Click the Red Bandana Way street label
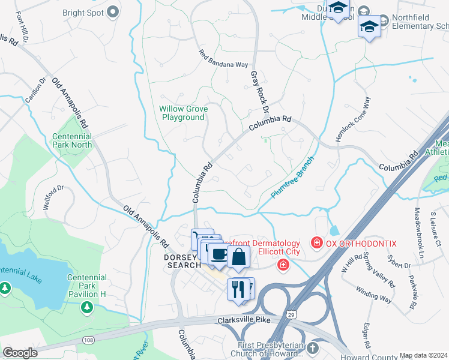pyautogui.click(x=223, y=59)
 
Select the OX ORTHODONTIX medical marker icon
pyautogui.click(x=316, y=243)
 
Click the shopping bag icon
pyautogui.click(x=238, y=256)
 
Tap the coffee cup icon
pyautogui.click(x=218, y=253)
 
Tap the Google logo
pyautogui.click(x=20, y=353)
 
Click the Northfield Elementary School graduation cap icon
pyautogui.click(x=369, y=26)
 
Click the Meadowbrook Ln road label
pyautogui.click(x=418, y=228)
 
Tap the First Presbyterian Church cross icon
pyautogui.click(x=312, y=349)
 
